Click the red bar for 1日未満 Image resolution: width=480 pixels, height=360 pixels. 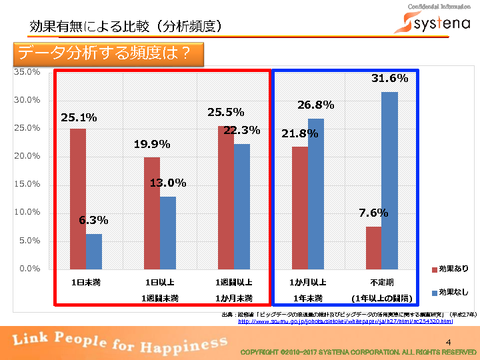(x=78, y=198)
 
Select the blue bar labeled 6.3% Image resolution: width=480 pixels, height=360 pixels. (x=94, y=251)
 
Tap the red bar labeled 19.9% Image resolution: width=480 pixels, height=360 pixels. (x=152, y=213)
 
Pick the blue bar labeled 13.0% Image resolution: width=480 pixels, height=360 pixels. (x=168, y=232)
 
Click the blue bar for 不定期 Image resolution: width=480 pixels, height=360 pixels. (x=389, y=180)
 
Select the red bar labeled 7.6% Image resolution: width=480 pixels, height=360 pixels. (x=373, y=247)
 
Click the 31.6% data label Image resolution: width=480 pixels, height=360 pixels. (x=389, y=79)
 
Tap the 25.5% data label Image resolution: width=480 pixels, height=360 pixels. (x=225, y=113)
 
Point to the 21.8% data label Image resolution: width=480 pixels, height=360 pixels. (x=299, y=134)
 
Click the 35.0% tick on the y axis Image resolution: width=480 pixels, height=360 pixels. (x=27, y=71)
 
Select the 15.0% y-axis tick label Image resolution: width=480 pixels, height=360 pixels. (x=27, y=184)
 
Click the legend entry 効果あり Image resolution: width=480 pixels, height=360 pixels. (x=450, y=269)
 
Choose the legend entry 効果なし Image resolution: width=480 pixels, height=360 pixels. (x=450, y=293)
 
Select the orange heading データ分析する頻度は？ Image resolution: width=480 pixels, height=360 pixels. (x=107, y=53)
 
